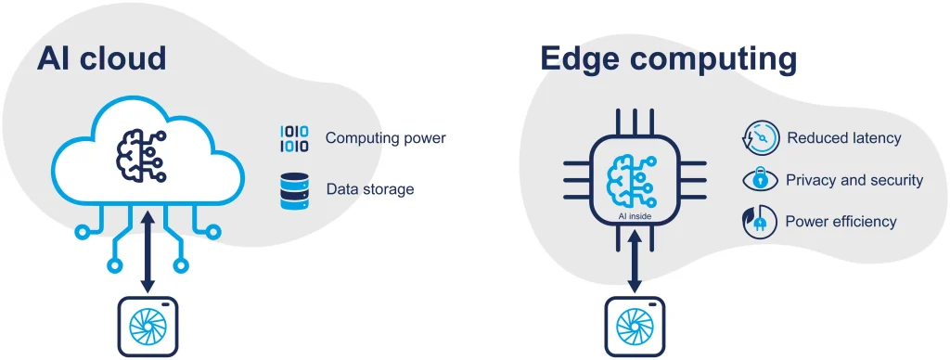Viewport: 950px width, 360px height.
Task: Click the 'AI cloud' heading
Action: (x=101, y=58)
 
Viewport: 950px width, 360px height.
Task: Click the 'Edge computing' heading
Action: (x=668, y=60)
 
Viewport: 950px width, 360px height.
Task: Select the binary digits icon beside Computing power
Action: (x=295, y=139)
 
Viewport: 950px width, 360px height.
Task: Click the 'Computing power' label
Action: (x=385, y=138)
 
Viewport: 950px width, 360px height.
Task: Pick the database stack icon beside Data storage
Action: (x=295, y=189)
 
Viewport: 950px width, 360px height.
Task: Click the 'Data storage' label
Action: (x=369, y=189)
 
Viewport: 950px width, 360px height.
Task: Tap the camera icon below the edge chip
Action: (x=635, y=327)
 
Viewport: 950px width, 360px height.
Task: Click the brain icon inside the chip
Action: (x=635, y=180)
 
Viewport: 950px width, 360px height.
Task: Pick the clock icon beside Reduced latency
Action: (x=759, y=138)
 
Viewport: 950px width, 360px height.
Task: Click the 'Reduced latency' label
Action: (x=843, y=138)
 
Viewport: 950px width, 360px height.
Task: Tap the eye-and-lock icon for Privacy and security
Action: (x=759, y=180)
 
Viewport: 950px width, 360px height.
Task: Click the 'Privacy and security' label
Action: (x=854, y=180)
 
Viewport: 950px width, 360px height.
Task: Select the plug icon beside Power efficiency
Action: (x=759, y=222)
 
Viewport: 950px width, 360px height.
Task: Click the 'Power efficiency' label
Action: (x=841, y=222)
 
